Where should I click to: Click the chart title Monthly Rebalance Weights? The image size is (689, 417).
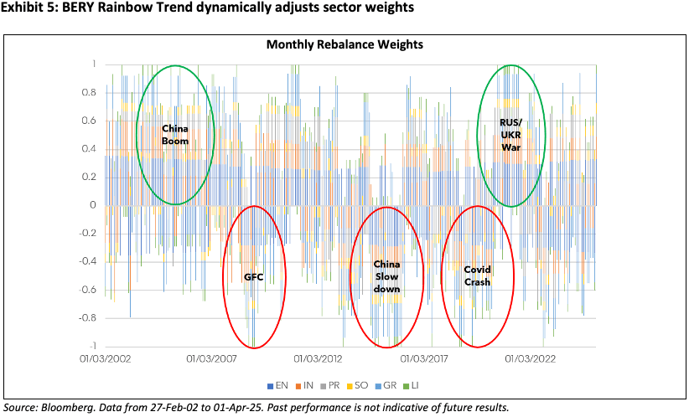pos(344,44)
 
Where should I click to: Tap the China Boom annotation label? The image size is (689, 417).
pos(175,135)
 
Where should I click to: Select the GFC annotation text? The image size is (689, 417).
pos(254,276)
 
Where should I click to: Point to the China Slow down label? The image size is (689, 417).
pos(386,276)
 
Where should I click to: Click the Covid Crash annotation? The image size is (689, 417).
pos(477,275)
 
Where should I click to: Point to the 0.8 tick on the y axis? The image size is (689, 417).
pos(89,92)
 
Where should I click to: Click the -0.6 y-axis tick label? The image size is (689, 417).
pos(86,290)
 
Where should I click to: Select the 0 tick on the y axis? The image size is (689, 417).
pos(93,205)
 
